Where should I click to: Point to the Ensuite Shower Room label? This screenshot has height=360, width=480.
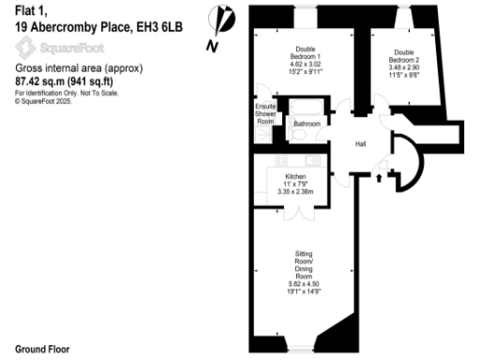pyautogui.click(x=265, y=114)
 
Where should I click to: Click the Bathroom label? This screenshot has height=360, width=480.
pyautogui.click(x=307, y=123)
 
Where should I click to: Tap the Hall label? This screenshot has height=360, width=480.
pyautogui.click(x=360, y=144)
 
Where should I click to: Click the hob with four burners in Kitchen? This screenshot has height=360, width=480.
pyautogui.click(x=282, y=161)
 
